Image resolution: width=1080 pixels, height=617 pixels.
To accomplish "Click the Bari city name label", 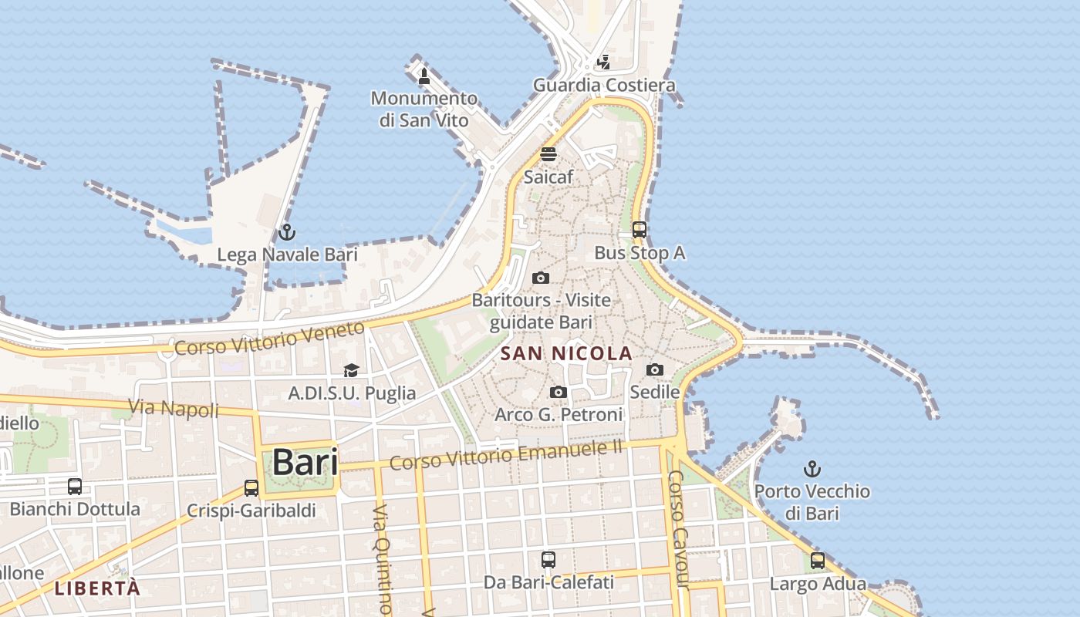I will (305, 463).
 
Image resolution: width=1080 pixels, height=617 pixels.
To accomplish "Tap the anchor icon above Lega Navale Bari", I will (287, 231).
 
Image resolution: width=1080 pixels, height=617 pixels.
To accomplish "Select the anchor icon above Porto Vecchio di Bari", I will (812, 468).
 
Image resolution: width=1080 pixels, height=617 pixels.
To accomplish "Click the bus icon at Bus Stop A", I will (640, 229).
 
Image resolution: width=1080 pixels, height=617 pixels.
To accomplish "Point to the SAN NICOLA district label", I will (566, 354).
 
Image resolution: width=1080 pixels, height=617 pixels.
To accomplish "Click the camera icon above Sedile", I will (655, 370).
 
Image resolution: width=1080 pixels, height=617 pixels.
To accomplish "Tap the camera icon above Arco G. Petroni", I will (559, 393).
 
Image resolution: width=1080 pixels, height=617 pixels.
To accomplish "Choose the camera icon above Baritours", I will (541, 278).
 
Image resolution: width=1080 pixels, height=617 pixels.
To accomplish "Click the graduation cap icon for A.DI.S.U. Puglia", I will (351, 371).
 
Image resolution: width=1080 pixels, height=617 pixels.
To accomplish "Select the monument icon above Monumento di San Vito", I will (424, 76).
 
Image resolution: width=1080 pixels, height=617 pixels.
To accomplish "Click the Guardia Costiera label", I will (605, 85).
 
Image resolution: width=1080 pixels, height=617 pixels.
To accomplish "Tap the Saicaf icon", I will (548, 154).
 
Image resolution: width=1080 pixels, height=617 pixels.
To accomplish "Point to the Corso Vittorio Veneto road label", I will (269, 339).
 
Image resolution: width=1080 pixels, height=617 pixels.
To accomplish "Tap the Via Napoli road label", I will (174, 408).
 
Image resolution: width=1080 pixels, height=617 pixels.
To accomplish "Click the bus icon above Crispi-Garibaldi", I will (251, 487).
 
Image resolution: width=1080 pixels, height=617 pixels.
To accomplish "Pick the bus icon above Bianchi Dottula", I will (75, 487).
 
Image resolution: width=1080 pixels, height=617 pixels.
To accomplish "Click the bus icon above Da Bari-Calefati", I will (548, 559).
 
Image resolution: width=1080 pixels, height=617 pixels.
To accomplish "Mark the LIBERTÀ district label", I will (97, 588).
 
